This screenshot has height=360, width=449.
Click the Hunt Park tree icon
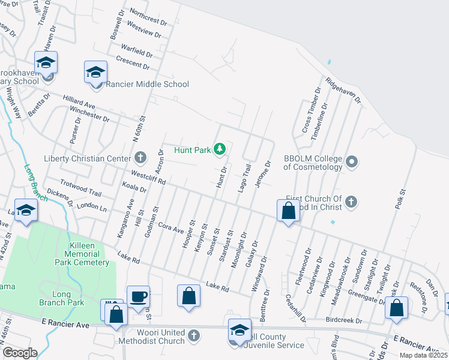click(x=220, y=149)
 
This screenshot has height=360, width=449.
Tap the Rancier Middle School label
click(x=147, y=84)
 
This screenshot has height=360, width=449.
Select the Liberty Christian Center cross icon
click(x=140, y=158)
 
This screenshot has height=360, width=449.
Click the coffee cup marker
click(x=138, y=296)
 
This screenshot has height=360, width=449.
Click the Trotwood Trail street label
click(x=81, y=188)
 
